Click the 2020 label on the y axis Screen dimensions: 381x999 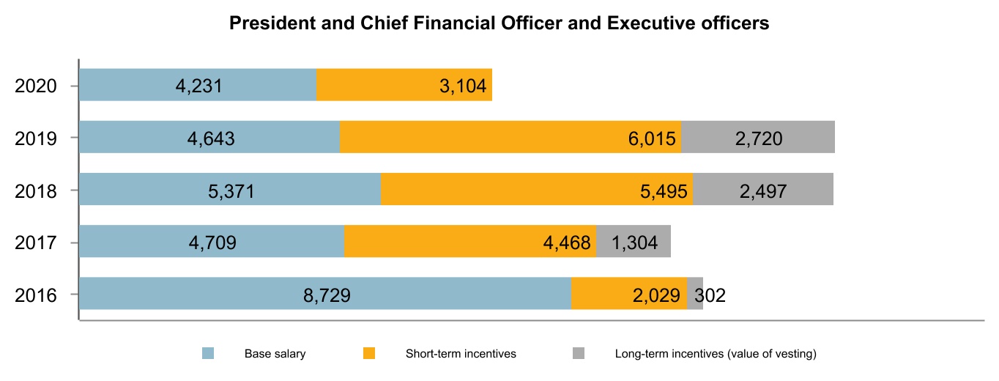[36, 86]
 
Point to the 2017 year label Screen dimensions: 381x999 [36, 243]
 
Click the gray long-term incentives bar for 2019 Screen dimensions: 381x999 [758, 137]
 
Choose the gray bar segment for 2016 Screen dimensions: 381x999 [694, 294]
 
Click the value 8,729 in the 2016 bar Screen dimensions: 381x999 [327, 295]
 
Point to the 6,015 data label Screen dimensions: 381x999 [651, 138]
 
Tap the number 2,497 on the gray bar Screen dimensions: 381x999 [763, 191]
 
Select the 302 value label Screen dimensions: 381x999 [710, 295]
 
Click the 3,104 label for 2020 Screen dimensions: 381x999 [462, 86]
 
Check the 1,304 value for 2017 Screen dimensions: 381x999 [634, 243]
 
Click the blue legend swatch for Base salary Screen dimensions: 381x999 [208, 354]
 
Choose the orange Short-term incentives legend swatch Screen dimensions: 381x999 [369, 354]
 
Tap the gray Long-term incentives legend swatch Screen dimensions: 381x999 [579, 354]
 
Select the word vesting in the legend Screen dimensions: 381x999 [794, 354]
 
